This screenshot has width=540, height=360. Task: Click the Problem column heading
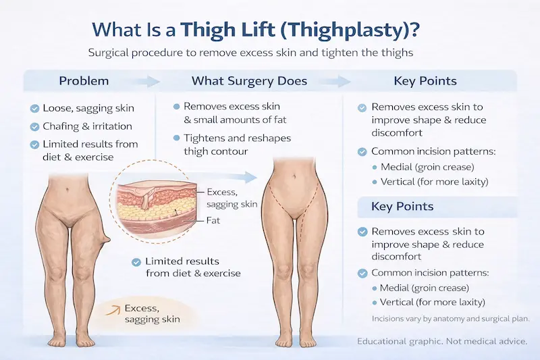tap(84, 81)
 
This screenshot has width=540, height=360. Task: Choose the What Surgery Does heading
tap(249, 81)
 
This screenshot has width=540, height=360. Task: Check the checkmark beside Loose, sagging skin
tap(34, 108)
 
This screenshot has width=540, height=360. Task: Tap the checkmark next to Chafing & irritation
tap(34, 126)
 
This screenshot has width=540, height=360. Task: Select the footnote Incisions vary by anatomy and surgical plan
tap(450, 318)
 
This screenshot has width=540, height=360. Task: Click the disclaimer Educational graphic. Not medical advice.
tap(442, 342)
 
